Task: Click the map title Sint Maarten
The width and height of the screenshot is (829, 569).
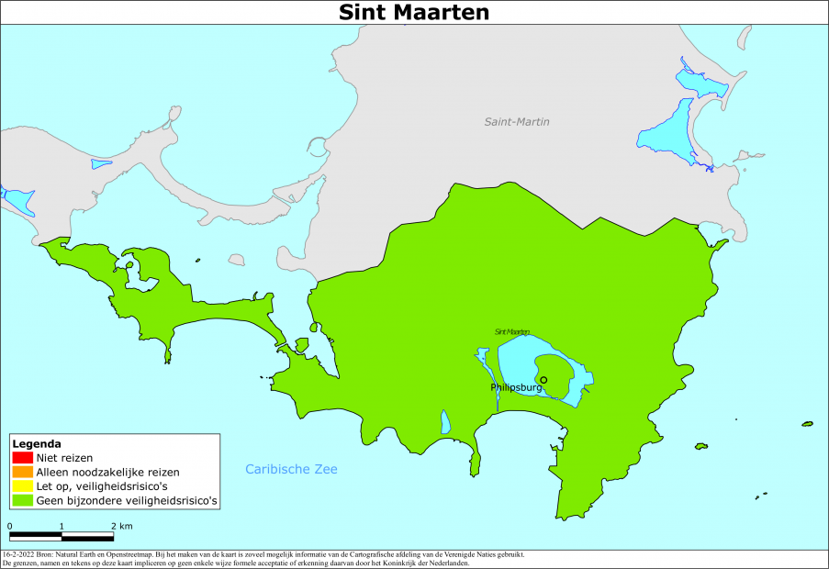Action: tap(414, 12)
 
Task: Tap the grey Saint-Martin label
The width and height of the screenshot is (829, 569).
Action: tap(522, 121)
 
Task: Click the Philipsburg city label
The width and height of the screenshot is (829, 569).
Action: tap(516, 388)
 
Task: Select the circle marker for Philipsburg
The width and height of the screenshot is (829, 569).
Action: tap(543, 380)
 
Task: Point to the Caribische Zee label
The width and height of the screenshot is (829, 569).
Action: tap(291, 469)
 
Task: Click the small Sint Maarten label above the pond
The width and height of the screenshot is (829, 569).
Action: tap(511, 331)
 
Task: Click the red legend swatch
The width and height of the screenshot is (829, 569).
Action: tap(22, 457)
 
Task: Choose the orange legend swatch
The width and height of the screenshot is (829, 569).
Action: tap(22, 472)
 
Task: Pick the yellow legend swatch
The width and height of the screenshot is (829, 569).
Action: tap(22, 486)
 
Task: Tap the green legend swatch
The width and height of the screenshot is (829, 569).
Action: tap(22, 501)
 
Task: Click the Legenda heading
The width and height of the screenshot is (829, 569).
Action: tap(37, 443)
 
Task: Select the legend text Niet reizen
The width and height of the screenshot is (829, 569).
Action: tap(64, 457)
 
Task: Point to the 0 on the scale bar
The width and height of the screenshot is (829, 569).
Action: tap(10, 526)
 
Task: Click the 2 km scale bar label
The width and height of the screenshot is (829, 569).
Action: tap(121, 526)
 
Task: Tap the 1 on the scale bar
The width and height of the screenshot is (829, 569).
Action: tap(62, 526)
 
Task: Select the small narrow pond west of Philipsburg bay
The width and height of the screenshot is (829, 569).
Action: tap(445, 422)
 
